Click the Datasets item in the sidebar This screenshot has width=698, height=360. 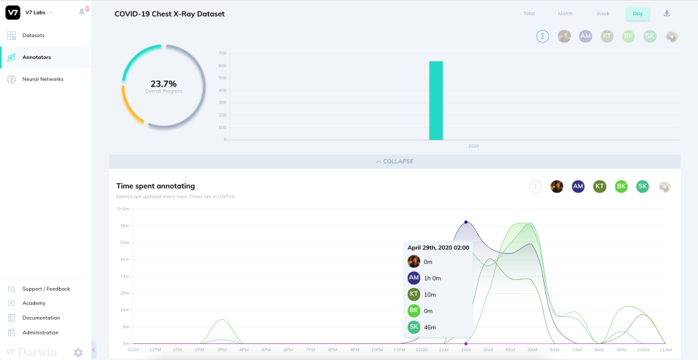(33, 35)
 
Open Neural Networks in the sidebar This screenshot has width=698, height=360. (42, 79)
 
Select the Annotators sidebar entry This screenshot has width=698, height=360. (36, 57)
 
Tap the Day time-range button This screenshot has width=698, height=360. (637, 14)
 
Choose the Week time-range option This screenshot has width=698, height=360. (603, 14)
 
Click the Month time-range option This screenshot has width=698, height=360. (565, 14)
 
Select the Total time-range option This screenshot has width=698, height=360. (529, 14)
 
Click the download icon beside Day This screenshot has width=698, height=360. (667, 14)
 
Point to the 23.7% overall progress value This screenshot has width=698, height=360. (163, 84)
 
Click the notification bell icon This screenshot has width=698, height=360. (82, 12)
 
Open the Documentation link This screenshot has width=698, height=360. (41, 318)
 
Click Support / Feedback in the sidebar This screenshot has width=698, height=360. (46, 289)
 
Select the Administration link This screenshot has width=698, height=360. (40, 332)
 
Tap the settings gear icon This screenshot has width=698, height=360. (78, 353)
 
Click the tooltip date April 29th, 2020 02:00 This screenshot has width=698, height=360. (438, 247)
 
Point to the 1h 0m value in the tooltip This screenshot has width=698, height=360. (432, 278)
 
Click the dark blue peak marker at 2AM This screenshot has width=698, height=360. (466, 223)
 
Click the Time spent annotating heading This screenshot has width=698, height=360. (156, 186)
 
